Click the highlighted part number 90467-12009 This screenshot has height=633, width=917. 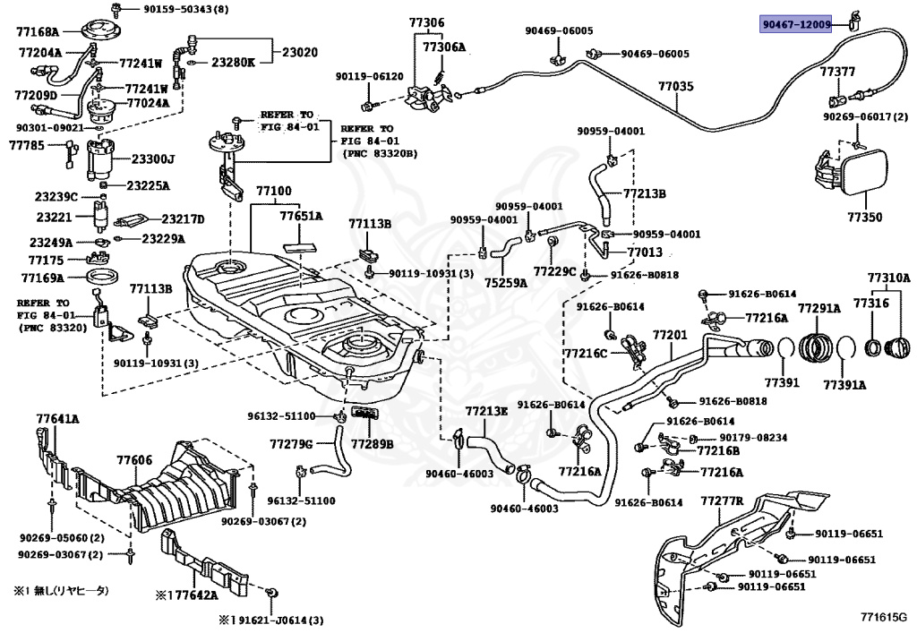coord(797,25)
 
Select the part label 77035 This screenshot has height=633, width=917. coord(675,87)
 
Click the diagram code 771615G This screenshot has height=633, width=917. coord(883,617)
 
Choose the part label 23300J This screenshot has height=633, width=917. coord(152,160)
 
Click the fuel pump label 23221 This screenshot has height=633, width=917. coord(53,217)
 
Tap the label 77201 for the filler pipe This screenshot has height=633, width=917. coord(669,336)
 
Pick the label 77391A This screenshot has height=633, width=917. coord(844,386)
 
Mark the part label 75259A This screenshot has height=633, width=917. coord(506,283)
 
